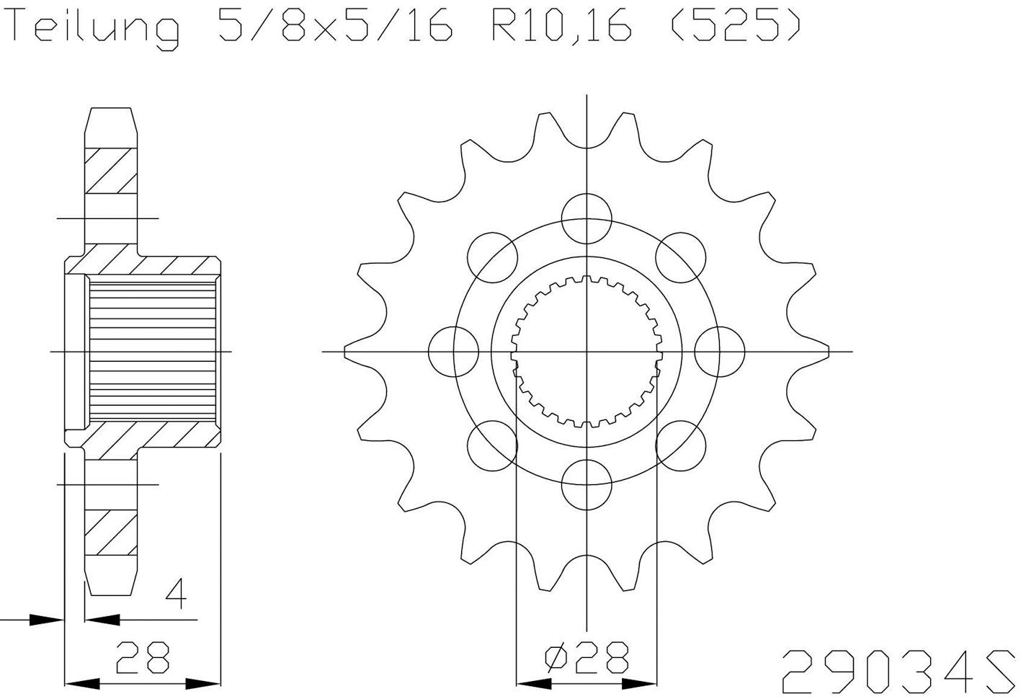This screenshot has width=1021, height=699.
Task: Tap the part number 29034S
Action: point(899,671)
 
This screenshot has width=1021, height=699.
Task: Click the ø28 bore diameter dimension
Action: point(587,657)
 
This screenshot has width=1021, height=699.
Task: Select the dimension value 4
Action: point(176,595)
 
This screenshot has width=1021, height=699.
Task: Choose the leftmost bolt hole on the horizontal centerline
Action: point(453,352)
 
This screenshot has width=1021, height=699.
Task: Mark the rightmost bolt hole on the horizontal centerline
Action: point(720,352)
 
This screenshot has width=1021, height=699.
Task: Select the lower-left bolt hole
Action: point(493,446)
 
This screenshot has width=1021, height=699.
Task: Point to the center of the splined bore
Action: point(587,352)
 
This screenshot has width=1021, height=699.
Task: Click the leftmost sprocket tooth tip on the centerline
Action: point(347,352)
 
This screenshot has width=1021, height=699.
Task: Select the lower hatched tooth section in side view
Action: point(111,533)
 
